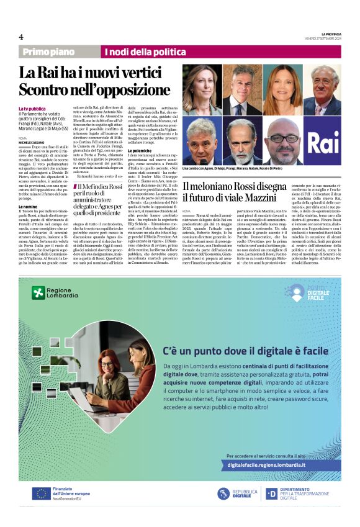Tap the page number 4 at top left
21,37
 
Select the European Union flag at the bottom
42,493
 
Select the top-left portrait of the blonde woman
202,88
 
